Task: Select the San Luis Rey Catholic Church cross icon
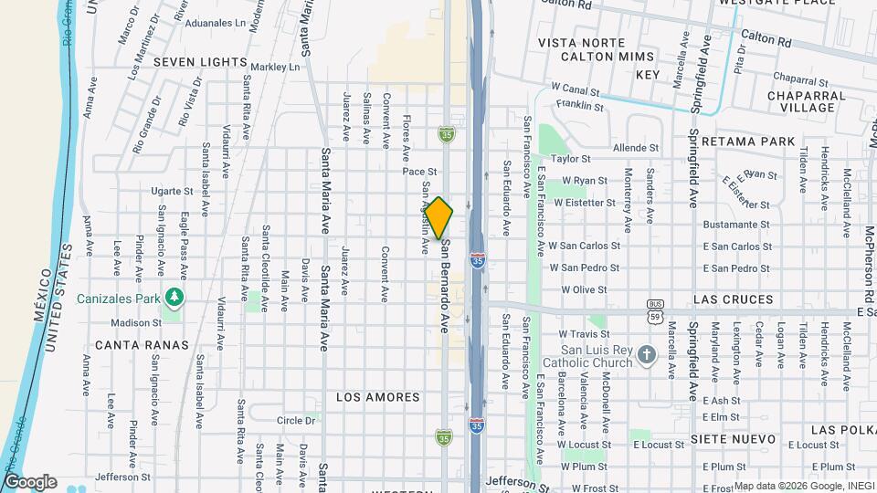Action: [x=646, y=354]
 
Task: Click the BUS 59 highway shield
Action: [x=654, y=310]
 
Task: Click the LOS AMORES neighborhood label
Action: [x=378, y=397]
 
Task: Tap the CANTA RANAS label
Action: [x=142, y=345]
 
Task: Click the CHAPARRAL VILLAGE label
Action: [x=801, y=100]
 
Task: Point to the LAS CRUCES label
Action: [x=734, y=299]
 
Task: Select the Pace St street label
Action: [x=420, y=171]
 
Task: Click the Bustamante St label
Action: [x=737, y=225]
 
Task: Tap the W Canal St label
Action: [x=575, y=91]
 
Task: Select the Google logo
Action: [x=30, y=481]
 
